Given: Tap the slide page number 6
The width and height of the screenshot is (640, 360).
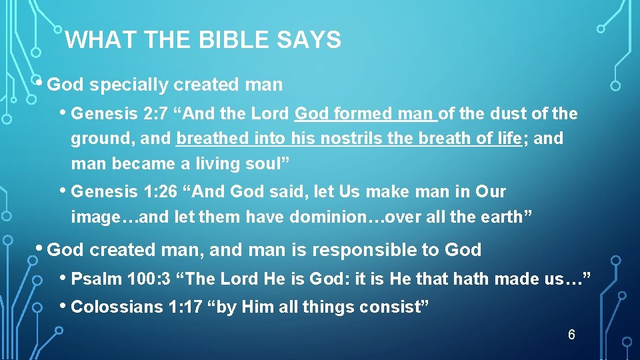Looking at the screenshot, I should click(571, 335).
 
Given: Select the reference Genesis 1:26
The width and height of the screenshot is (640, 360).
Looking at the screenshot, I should click(124, 192).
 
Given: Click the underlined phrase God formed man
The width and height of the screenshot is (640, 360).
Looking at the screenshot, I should click(364, 114).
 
